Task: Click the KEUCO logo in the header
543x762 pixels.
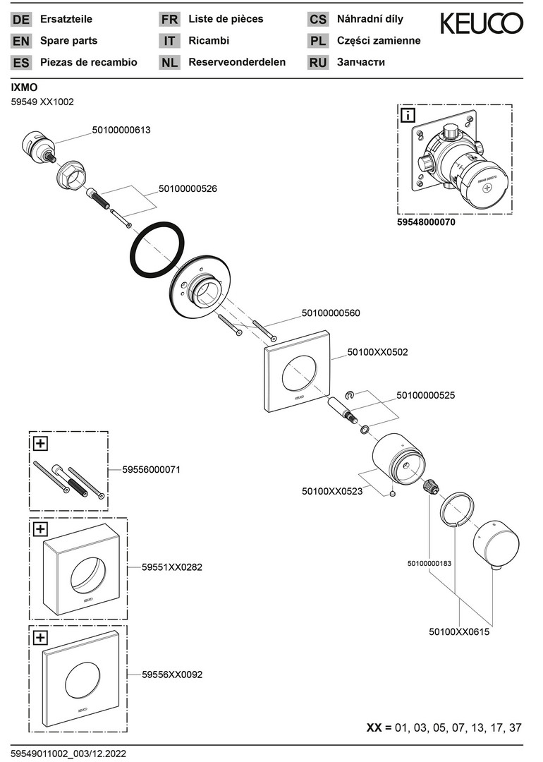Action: click(x=482, y=25)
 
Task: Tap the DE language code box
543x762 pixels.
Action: click(x=21, y=20)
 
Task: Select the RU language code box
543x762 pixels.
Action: click(x=318, y=62)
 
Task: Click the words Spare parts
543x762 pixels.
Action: click(x=69, y=41)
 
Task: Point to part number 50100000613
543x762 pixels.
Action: click(x=121, y=131)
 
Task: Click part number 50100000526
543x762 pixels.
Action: click(x=188, y=188)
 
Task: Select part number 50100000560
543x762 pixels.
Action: click(x=331, y=313)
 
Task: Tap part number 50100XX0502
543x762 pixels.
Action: click(x=377, y=351)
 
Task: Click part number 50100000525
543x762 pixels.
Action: click(x=425, y=396)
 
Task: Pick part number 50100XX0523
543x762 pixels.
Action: click(x=331, y=491)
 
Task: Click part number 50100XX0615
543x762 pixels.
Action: click(x=459, y=632)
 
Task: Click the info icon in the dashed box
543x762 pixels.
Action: click(x=408, y=115)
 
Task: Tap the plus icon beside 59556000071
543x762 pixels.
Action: click(x=40, y=444)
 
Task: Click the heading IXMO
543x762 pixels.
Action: click(x=25, y=87)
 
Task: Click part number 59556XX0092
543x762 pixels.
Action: click(x=172, y=675)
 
